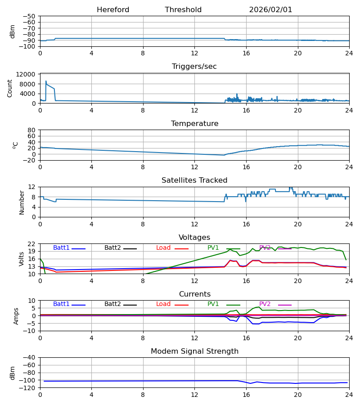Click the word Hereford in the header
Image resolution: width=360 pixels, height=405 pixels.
113,10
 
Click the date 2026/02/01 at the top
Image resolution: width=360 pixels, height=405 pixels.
270,10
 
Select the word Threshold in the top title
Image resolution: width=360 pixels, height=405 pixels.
183,10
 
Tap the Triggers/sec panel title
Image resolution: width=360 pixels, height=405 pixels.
194,67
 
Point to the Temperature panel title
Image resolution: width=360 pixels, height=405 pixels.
194,124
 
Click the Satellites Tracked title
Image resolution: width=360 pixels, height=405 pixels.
194,180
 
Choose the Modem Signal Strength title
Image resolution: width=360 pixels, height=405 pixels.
194,351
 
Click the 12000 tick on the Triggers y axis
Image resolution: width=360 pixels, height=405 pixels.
28,74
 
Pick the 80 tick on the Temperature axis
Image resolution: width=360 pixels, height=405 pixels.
31,130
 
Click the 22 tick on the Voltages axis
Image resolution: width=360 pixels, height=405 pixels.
31,244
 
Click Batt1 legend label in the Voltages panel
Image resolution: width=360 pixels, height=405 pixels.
61,248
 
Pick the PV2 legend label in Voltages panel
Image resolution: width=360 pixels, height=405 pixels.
265,248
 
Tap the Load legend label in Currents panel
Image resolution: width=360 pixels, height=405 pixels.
163,304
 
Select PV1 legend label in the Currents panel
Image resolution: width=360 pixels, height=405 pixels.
213,304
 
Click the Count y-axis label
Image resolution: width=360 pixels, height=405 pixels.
10,88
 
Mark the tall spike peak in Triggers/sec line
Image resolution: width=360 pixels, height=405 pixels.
46,81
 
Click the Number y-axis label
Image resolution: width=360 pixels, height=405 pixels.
22,202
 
